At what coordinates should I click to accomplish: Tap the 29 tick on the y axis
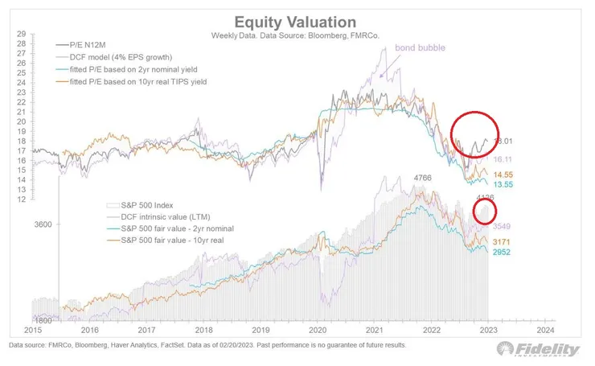[21, 35]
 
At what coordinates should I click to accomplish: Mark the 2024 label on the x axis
[546, 330]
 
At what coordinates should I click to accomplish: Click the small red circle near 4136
[484, 212]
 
